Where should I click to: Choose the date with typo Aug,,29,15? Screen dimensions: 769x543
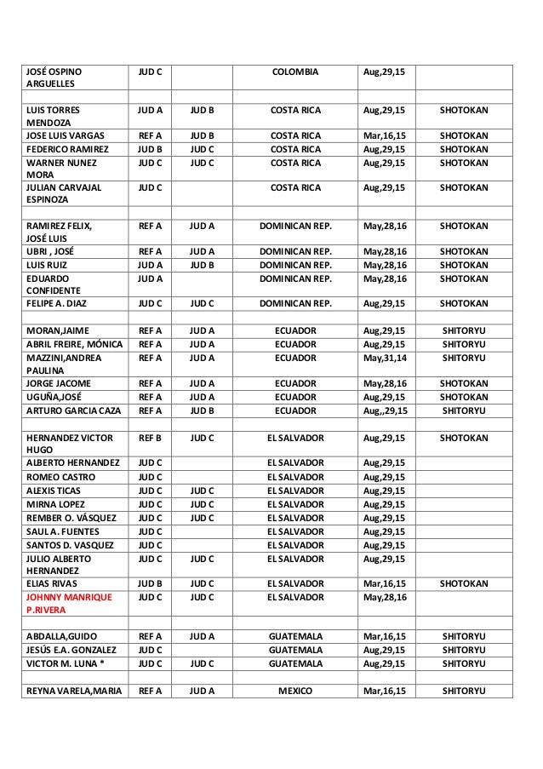385,410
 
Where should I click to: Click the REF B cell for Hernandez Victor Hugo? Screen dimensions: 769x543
150,438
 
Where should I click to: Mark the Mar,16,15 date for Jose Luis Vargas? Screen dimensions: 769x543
385,135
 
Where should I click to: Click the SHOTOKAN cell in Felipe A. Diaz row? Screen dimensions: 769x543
465,303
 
